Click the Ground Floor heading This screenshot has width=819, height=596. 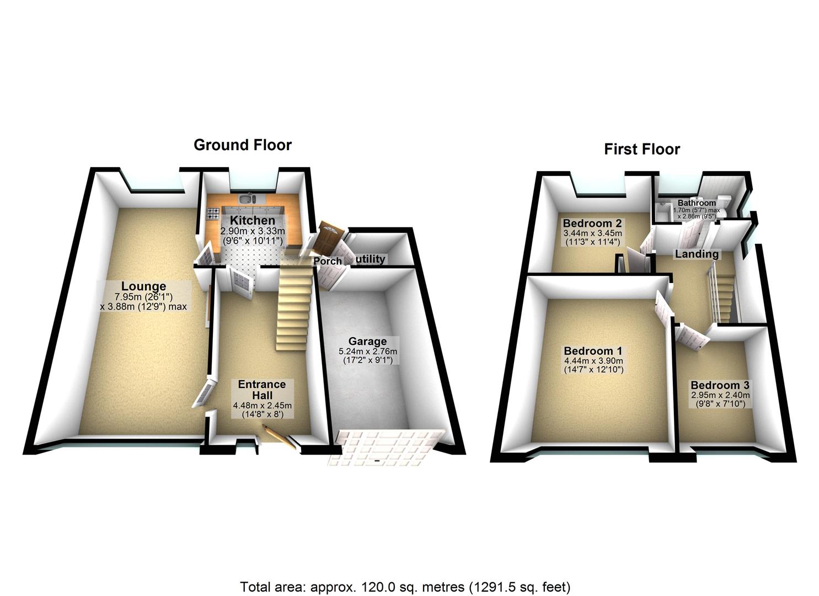pyautogui.click(x=242, y=145)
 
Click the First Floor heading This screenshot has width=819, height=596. pyautogui.click(x=641, y=150)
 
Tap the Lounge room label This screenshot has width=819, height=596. pyautogui.click(x=143, y=286)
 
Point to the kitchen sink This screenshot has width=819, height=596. pyautogui.click(x=246, y=199)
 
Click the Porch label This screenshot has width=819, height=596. pyautogui.click(x=328, y=260)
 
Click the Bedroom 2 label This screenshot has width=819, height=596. pyautogui.click(x=592, y=223)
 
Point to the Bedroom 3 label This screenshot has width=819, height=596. pyautogui.click(x=719, y=385)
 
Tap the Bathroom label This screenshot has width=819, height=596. pyautogui.click(x=697, y=203)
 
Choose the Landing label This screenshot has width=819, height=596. pyautogui.click(x=697, y=254)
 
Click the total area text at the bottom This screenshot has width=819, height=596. pyautogui.click(x=405, y=586)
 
